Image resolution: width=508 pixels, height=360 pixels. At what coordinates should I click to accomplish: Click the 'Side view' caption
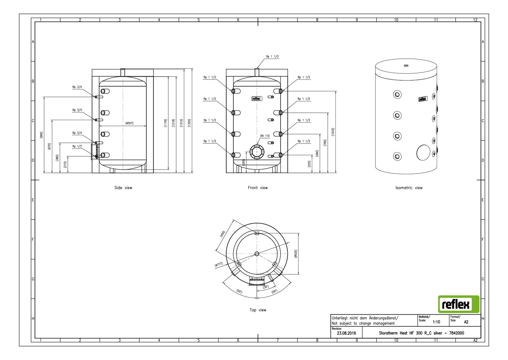(x=123, y=188)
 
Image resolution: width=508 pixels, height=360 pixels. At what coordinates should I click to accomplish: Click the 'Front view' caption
(x=258, y=188)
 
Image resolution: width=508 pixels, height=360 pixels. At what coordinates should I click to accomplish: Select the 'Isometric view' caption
(x=409, y=188)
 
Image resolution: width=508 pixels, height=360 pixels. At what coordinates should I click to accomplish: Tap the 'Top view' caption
(x=258, y=310)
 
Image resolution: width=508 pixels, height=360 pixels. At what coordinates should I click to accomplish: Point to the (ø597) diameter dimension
(x=129, y=123)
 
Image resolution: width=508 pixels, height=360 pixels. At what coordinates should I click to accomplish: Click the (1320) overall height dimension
(x=189, y=123)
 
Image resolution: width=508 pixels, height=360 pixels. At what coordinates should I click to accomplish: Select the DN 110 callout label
(x=265, y=136)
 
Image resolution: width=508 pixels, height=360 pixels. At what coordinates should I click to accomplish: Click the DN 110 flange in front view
(x=257, y=151)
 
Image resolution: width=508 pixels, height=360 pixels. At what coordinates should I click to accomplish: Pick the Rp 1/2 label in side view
(x=77, y=146)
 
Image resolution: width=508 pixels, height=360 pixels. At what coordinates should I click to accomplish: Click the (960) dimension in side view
(x=41, y=135)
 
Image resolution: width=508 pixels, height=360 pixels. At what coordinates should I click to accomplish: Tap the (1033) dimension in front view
(x=333, y=132)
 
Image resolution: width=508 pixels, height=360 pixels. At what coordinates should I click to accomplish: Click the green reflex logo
(x=458, y=304)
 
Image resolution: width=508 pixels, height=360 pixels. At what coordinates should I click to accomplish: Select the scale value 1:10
(x=436, y=322)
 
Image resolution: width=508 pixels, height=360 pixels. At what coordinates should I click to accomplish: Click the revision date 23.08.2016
(x=346, y=333)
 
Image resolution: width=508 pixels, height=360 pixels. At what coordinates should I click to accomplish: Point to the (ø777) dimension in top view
(x=219, y=265)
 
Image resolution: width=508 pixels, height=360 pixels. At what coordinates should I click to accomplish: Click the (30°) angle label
(x=266, y=287)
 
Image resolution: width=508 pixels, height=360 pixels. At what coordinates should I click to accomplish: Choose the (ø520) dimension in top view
(x=296, y=254)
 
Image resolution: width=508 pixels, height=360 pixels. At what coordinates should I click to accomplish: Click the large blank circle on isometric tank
(x=423, y=153)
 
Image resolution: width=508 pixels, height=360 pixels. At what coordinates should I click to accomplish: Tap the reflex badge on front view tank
(x=257, y=98)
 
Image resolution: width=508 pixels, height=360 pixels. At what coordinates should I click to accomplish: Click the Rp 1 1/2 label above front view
(x=272, y=57)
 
